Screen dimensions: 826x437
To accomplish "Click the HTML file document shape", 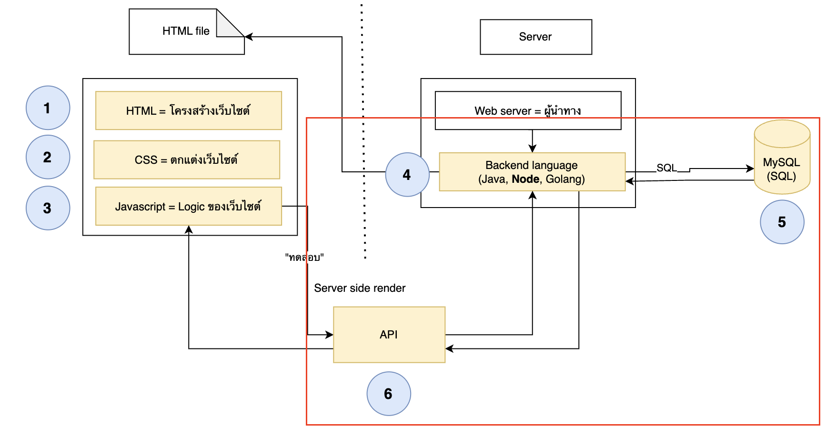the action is pyautogui.click(x=187, y=31).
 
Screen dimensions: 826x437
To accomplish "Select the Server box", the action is pyautogui.click(x=536, y=37).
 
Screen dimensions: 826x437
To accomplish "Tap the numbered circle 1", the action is pyautogui.click(x=48, y=108).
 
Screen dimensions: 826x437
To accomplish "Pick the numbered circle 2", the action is pyautogui.click(x=48, y=157).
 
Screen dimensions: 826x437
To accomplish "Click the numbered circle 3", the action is pyautogui.click(x=48, y=208).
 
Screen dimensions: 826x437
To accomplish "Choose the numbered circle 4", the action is pyautogui.click(x=407, y=175).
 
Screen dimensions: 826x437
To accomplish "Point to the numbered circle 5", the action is pyautogui.click(x=782, y=222).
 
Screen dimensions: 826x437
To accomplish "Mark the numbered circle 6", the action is pyautogui.click(x=389, y=394).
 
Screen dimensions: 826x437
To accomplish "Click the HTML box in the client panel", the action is pyautogui.click(x=189, y=110).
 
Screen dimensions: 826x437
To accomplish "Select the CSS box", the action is pyautogui.click(x=187, y=159).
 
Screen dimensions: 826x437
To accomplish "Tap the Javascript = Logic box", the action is pyautogui.click(x=189, y=206).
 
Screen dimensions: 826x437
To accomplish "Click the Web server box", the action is pyautogui.click(x=528, y=110).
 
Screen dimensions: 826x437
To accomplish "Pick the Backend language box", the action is pyautogui.click(x=532, y=172).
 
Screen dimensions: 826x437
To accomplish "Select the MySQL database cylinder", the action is pyautogui.click(x=782, y=157).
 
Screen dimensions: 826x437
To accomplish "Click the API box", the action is pyautogui.click(x=389, y=335).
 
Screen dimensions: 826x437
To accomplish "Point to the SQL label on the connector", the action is pyautogui.click(x=666, y=168).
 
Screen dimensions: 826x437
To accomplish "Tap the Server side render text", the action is pyautogui.click(x=360, y=288).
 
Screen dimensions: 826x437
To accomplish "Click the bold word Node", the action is pyautogui.click(x=525, y=179).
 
